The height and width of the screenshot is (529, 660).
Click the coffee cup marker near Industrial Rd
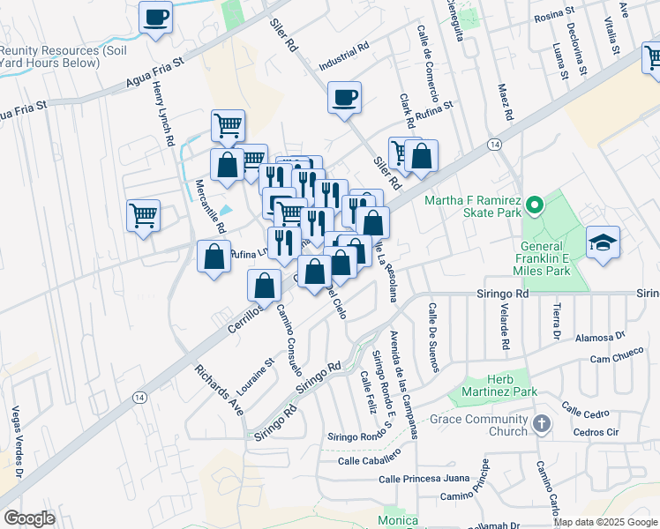(345, 97)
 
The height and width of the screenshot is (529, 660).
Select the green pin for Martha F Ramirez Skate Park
(534, 208)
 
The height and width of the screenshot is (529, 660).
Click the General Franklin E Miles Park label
(541, 255)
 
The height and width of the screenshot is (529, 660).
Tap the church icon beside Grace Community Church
(542, 425)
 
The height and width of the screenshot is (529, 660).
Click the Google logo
(29, 518)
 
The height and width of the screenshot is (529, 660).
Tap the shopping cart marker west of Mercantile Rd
(143, 214)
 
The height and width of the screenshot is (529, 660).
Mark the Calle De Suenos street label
(433, 337)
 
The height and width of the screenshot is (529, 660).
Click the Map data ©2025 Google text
(605, 522)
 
